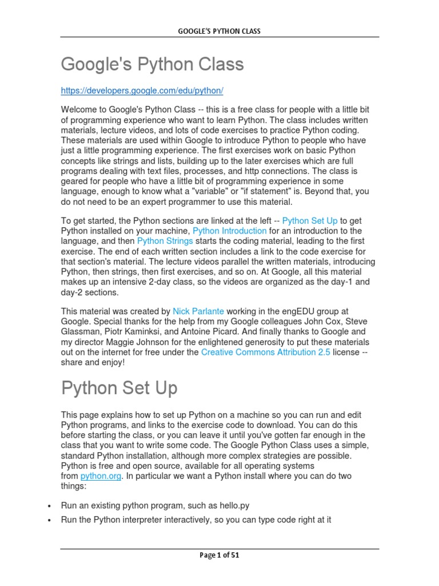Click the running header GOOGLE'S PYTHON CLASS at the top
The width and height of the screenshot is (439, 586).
point(219,31)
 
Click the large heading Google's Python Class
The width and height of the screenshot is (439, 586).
point(152,65)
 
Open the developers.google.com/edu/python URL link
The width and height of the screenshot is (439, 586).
point(142,91)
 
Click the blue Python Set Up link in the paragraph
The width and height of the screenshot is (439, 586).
point(310,220)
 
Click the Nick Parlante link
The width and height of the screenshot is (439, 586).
point(198,311)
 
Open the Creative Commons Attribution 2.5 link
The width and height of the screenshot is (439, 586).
point(265,353)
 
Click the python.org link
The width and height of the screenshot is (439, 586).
point(101,476)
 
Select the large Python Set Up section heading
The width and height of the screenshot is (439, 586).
point(119,388)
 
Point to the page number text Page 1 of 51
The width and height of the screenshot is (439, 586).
point(219,555)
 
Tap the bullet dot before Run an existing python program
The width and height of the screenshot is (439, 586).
point(50,506)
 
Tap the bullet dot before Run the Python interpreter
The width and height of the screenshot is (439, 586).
point(50,520)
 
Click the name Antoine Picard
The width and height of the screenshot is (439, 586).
point(250,332)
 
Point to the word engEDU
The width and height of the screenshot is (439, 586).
point(297,311)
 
